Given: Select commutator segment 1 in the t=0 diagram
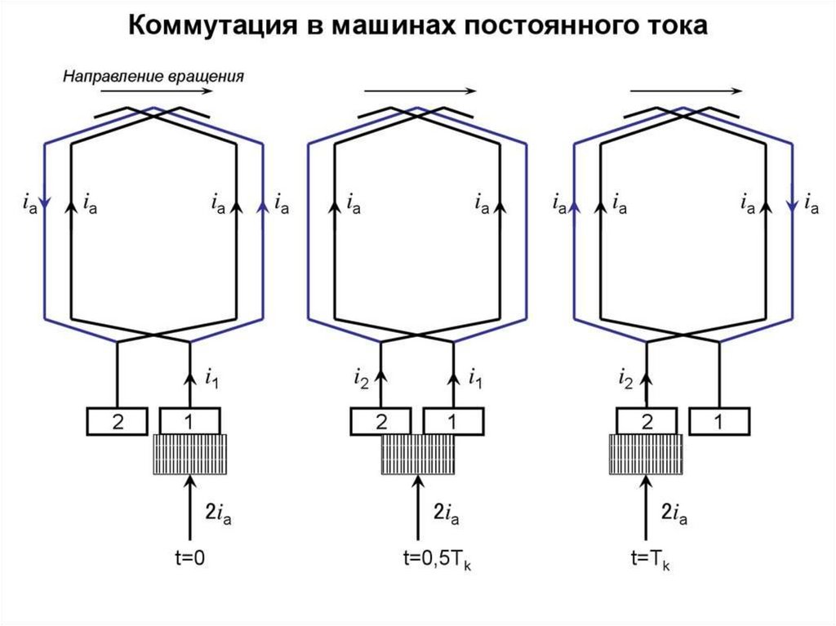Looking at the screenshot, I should (x=189, y=422).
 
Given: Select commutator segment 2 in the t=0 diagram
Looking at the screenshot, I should (x=118, y=422).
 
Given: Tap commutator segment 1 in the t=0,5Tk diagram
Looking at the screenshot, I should (x=454, y=422).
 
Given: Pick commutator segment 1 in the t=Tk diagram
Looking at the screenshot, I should (x=719, y=422).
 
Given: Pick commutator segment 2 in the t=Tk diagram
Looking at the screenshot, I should (x=647, y=422).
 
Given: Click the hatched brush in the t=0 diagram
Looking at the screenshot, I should (x=189, y=455).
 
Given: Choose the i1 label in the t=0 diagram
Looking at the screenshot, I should (x=211, y=379).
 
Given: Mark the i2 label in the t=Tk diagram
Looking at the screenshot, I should (x=627, y=379).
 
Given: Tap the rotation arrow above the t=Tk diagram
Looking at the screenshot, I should (x=686, y=91).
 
